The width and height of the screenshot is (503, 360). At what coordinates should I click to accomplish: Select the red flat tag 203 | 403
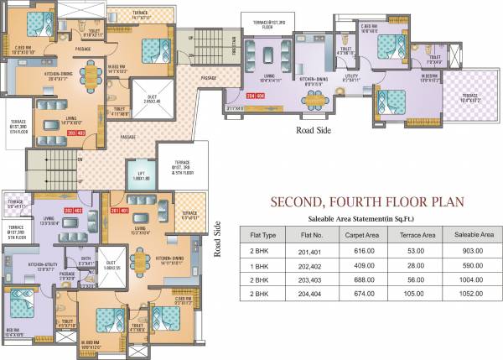coord(54,133)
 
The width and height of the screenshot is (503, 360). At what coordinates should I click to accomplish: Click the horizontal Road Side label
coord(315,131)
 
